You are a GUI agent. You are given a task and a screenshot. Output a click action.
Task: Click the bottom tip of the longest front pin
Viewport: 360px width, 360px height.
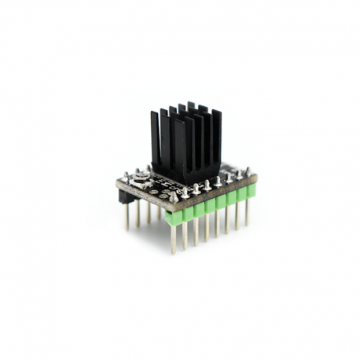(x=174, y=252)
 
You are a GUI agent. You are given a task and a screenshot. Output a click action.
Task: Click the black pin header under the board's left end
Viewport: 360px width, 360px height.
(x=126, y=198)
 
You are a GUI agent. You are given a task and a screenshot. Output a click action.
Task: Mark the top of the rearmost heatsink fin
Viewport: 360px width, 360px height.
(x=191, y=105)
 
